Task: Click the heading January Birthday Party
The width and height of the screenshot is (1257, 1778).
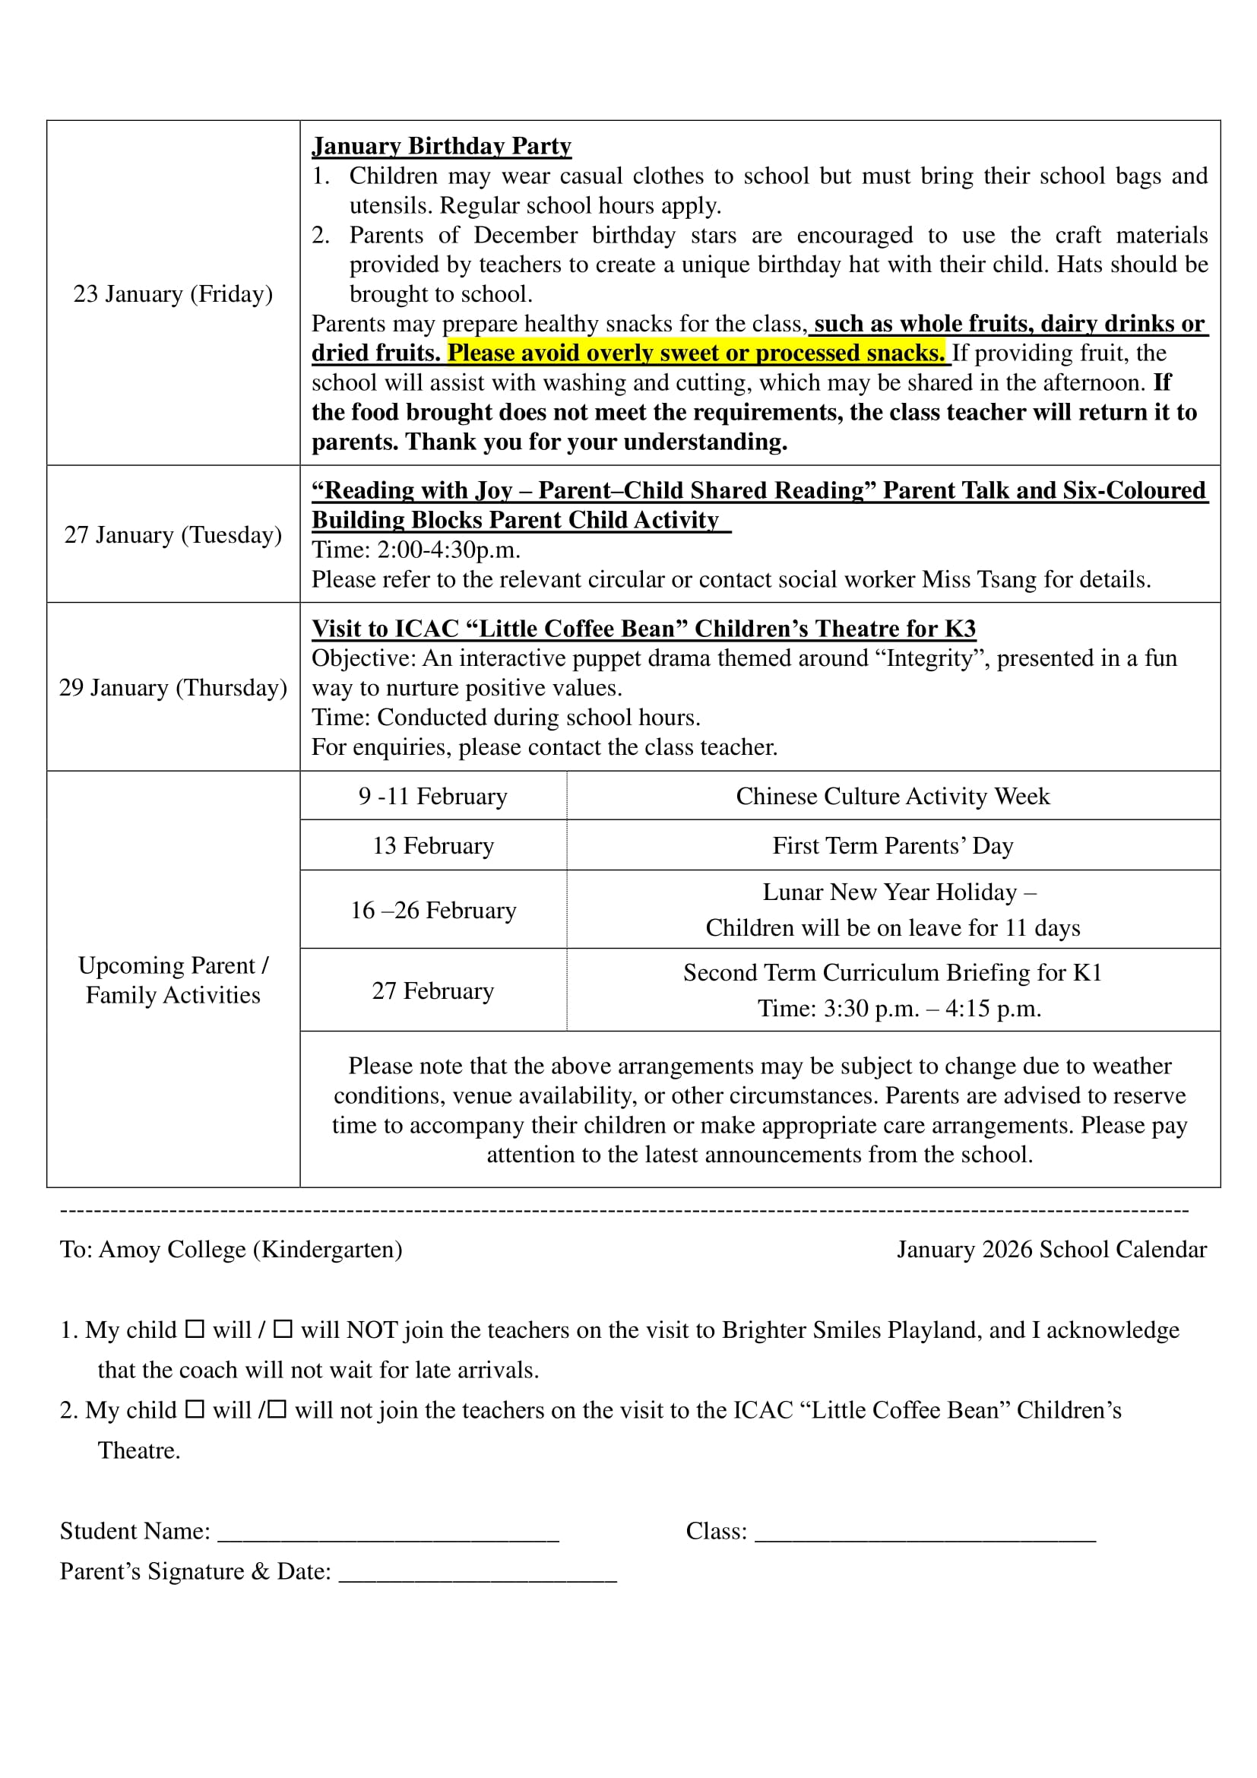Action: coord(442,147)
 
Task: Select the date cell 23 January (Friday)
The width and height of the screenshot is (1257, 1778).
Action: coord(173,294)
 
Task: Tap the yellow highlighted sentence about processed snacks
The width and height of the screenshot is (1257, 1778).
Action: coord(696,353)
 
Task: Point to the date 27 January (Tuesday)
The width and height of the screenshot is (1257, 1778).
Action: coord(173,535)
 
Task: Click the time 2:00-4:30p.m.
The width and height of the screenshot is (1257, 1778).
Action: coord(448,550)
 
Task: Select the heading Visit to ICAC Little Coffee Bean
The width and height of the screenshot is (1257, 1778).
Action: coord(643,629)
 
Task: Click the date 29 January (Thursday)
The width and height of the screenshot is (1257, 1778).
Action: coord(173,688)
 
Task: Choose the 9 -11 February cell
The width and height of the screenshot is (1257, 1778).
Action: coord(432,796)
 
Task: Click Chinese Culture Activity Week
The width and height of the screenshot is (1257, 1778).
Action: coord(892,796)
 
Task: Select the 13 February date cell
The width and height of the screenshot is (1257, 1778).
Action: coord(432,845)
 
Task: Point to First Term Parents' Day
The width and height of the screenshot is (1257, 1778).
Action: coord(892,845)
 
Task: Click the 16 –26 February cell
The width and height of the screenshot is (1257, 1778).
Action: coord(432,911)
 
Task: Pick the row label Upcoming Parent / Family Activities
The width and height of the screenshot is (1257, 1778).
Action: coord(173,981)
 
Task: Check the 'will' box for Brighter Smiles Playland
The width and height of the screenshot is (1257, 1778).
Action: coord(195,1329)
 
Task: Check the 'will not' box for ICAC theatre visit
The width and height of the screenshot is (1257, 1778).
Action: coord(277,1409)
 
